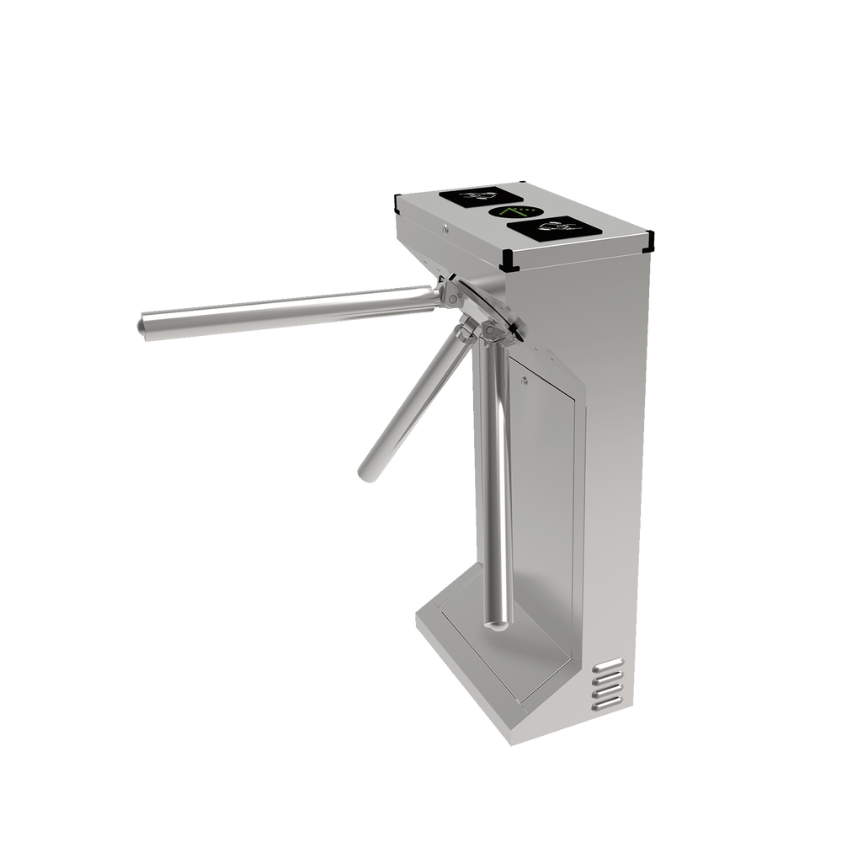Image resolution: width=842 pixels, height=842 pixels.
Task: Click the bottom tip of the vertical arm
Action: [x=498, y=624]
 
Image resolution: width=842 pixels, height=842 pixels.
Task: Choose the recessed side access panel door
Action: [x=546, y=505]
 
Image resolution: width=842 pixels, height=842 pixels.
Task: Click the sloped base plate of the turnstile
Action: [x=488, y=665]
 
